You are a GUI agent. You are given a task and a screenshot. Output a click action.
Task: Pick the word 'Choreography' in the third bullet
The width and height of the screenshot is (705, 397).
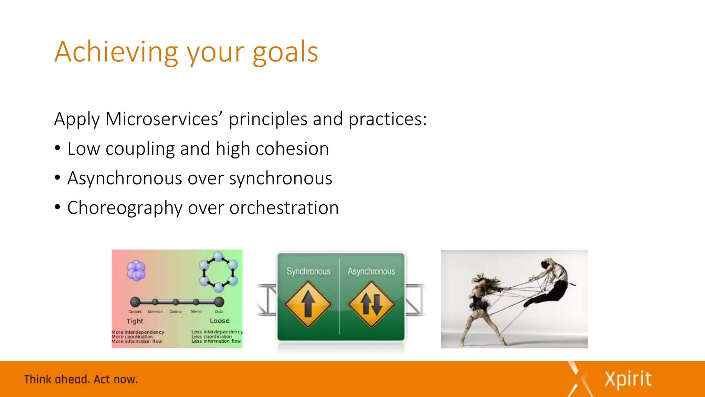(x=125, y=208)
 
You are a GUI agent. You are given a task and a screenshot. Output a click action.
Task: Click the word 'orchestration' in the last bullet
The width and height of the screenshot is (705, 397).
(x=284, y=208)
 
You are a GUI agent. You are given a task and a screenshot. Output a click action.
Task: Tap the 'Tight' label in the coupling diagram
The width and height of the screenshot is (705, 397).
(x=135, y=321)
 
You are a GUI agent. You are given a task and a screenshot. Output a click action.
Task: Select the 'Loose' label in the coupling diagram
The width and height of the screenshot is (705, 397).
(x=220, y=321)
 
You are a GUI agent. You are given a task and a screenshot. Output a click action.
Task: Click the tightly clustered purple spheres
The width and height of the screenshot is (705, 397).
(x=136, y=271)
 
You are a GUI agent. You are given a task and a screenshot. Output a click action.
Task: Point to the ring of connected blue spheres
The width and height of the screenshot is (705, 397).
(x=218, y=272)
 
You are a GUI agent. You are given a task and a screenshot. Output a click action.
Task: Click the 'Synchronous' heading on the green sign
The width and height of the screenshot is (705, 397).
(x=308, y=272)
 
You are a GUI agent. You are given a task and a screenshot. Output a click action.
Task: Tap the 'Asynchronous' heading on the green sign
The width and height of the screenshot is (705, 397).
(x=371, y=272)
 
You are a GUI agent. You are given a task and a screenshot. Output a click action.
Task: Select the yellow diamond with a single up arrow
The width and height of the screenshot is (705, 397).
(x=308, y=304)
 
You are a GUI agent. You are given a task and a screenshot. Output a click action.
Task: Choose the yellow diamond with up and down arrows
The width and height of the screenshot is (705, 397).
(x=371, y=304)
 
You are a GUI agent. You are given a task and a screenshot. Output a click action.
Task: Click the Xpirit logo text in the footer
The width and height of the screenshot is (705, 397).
(x=628, y=379)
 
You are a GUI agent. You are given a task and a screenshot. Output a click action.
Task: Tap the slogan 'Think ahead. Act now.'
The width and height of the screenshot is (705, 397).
(x=81, y=379)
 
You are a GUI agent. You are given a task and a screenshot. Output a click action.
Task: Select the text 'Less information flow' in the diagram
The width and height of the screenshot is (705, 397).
(x=216, y=341)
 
